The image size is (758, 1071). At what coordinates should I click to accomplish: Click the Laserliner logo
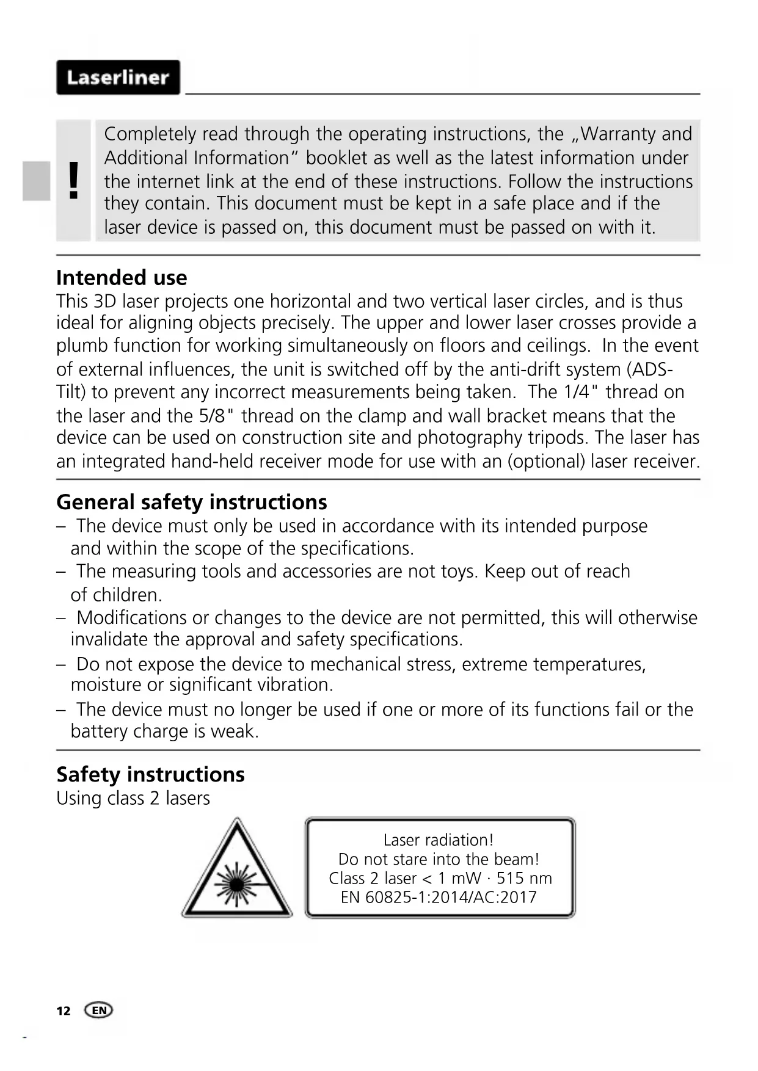pyautogui.click(x=118, y=78)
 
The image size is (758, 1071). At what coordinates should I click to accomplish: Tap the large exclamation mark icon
pyautogui.click(x=73, y=181)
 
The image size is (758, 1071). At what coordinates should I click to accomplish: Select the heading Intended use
pyautogui.click(x=122, y=278)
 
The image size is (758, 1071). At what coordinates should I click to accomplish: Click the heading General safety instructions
pyautogui.click(x=192, y=502)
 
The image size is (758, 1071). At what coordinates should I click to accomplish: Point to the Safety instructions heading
pyautogui.click(x=150, y=774)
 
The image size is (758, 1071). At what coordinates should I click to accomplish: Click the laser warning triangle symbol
pyautogui.click(x=236, y=870)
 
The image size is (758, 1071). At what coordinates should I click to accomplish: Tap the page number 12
pyautogui.click(x=64, y=1011)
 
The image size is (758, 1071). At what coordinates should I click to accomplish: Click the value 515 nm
pyautogui.click(x=524, y=878)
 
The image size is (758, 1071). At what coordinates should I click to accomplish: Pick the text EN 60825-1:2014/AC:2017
pyautogui.click(x=439, y=897)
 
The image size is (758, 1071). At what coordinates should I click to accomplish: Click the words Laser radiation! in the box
pyautogui.click(x=439, y=840)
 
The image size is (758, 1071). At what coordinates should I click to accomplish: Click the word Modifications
pyautogui.click(x=132, y=617)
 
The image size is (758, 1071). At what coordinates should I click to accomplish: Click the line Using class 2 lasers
pyautogui.click(x=133, y=798)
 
